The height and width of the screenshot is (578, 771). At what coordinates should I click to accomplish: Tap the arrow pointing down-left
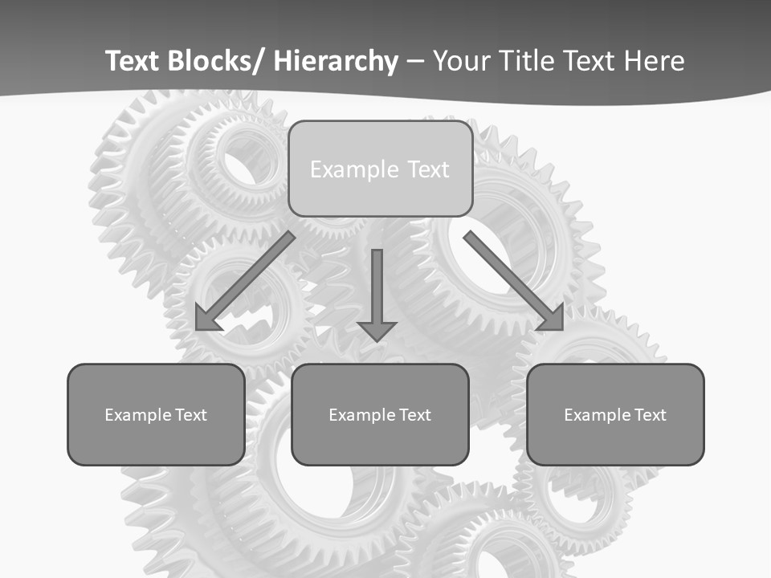(245, 282)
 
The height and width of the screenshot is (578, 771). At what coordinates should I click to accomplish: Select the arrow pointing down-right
(514, 282)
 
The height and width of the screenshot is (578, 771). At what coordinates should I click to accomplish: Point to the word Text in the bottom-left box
(191, 415)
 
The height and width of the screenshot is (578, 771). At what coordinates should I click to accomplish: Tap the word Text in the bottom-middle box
(415, 415)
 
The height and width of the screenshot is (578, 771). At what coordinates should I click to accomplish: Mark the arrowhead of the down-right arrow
(553, 320)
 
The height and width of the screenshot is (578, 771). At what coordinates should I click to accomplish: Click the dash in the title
(415, 61)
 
